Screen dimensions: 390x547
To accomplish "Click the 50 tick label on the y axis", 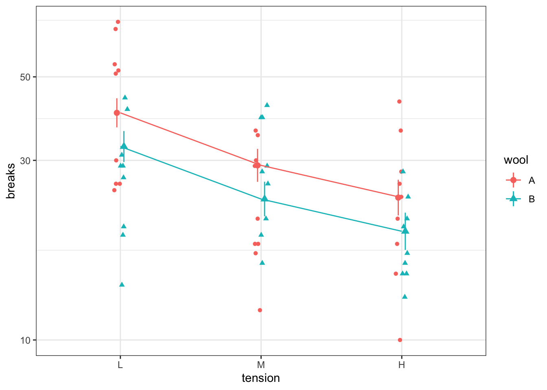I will point(25,77).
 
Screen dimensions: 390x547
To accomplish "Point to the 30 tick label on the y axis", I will point(25,160).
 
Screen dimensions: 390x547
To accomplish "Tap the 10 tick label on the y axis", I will point(25,340).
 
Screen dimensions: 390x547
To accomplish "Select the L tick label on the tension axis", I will point(120,364).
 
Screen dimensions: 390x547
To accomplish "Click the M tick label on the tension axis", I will point(261,364).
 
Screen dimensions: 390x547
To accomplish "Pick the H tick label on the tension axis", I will point(402,364).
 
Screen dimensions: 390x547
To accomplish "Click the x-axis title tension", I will point(261,378).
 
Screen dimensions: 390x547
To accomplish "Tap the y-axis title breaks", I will point(11,181).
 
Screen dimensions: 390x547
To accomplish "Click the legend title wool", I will point(516,160).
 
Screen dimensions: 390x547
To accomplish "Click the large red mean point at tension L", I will point(117,113).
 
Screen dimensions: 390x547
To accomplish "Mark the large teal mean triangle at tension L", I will point(124,146).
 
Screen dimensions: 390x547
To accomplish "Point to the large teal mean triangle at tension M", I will point(265,198).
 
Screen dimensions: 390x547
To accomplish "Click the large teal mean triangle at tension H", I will point(405,231).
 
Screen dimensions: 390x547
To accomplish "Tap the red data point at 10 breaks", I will point(400,340).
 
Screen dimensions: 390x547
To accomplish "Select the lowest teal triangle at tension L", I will point(122,284).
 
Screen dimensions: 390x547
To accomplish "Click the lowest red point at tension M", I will point(260,310).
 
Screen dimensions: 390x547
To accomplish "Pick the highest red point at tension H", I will point(399,102).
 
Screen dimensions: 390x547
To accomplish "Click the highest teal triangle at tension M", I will point(267,105).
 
